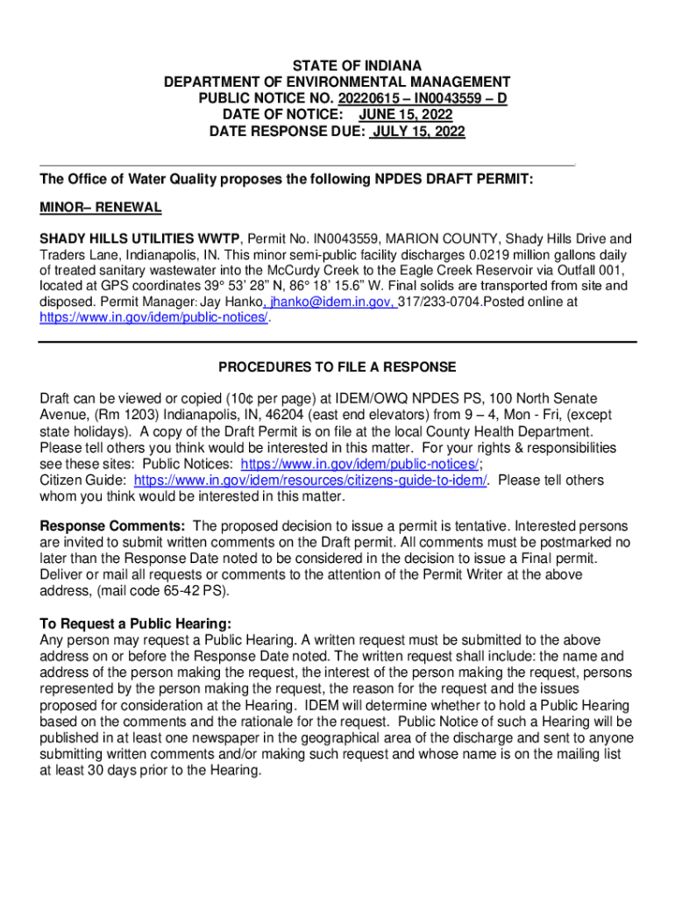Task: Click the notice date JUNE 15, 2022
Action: click(405, 115)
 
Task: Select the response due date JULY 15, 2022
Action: click(418, 132)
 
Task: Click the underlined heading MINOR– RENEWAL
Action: click(101, 208)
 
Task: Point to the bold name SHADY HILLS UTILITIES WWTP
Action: click(142, 239)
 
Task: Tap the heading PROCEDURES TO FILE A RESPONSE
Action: click(337, 367)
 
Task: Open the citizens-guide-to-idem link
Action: click(309, 480)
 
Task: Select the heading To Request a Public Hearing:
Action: click(136, 624)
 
